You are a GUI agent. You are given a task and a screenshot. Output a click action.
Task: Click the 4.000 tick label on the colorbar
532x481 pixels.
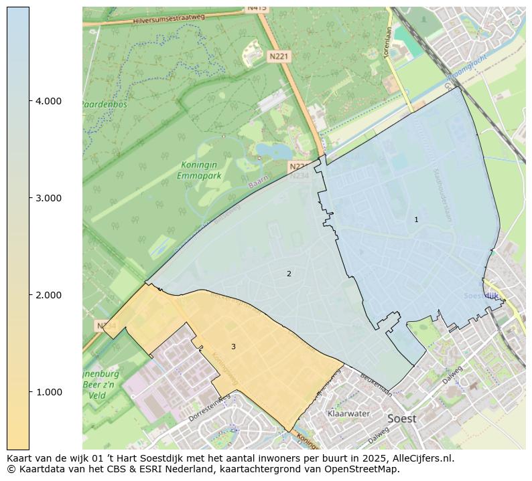[49, 101]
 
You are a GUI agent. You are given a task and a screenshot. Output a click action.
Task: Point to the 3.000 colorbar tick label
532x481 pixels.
[49, 198]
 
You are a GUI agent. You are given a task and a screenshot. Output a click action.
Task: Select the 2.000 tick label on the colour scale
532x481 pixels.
[49, 295]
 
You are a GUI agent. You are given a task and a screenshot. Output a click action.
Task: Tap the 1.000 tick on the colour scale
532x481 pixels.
[49, 392]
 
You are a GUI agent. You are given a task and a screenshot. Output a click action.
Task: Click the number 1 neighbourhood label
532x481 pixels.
[416, 219]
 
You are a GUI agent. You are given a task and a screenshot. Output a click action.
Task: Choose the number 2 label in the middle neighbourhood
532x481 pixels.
[289, 274]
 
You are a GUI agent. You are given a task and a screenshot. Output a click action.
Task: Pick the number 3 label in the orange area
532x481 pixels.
[233, 347]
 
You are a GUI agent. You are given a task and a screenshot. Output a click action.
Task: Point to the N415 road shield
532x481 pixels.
[257, 8]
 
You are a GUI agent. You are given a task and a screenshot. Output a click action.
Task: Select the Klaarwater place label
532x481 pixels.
[348, 413]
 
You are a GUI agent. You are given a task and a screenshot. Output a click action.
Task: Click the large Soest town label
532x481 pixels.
[401, 419]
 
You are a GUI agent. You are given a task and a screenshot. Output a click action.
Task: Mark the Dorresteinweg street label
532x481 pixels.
[210, 407]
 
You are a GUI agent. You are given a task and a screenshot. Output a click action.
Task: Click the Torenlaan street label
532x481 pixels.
[387, 41]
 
